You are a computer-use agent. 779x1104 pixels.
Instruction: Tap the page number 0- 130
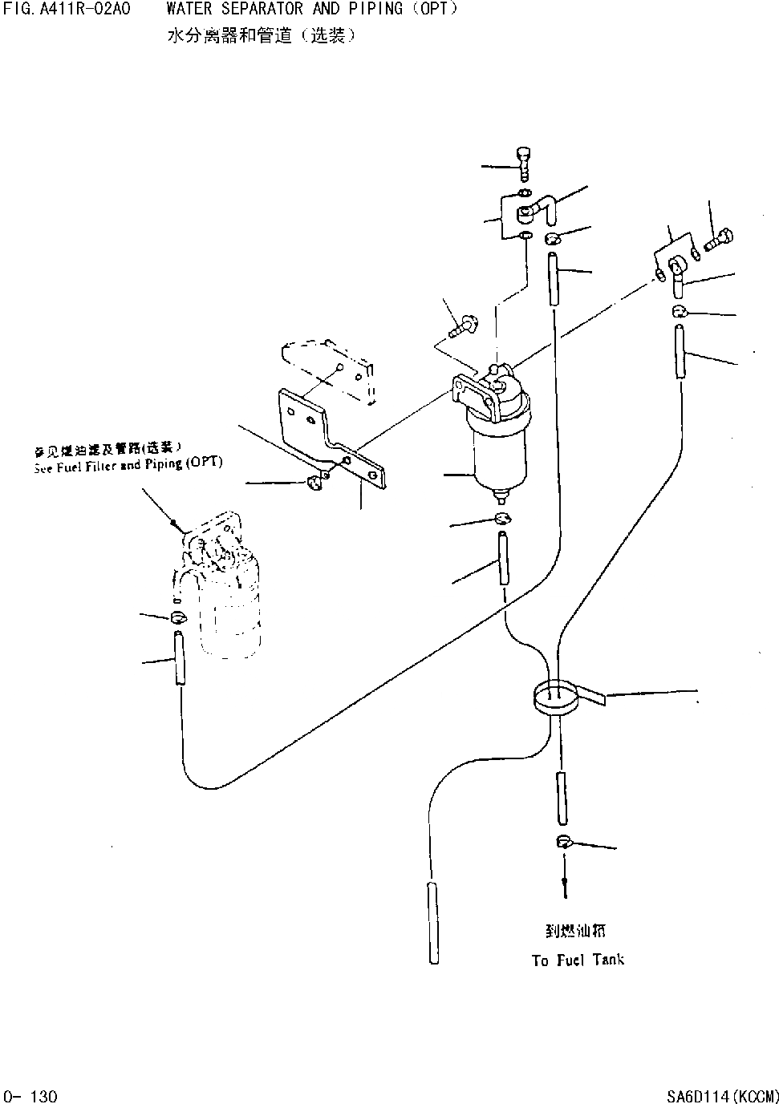coord(30,1095)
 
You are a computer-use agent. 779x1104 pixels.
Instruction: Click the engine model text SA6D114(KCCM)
coord(722,1095)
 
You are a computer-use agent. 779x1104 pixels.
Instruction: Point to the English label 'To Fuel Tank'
coord(578,960)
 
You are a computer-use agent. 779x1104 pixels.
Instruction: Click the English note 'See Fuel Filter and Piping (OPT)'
coord(128,465)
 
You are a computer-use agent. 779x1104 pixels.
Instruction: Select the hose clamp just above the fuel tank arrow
coord(563,841)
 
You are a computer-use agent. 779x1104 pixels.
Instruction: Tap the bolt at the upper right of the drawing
coord(720,238)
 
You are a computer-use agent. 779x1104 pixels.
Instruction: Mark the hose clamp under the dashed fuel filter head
coord(178,617)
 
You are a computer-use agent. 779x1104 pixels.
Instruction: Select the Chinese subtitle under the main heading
coord(261,36)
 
